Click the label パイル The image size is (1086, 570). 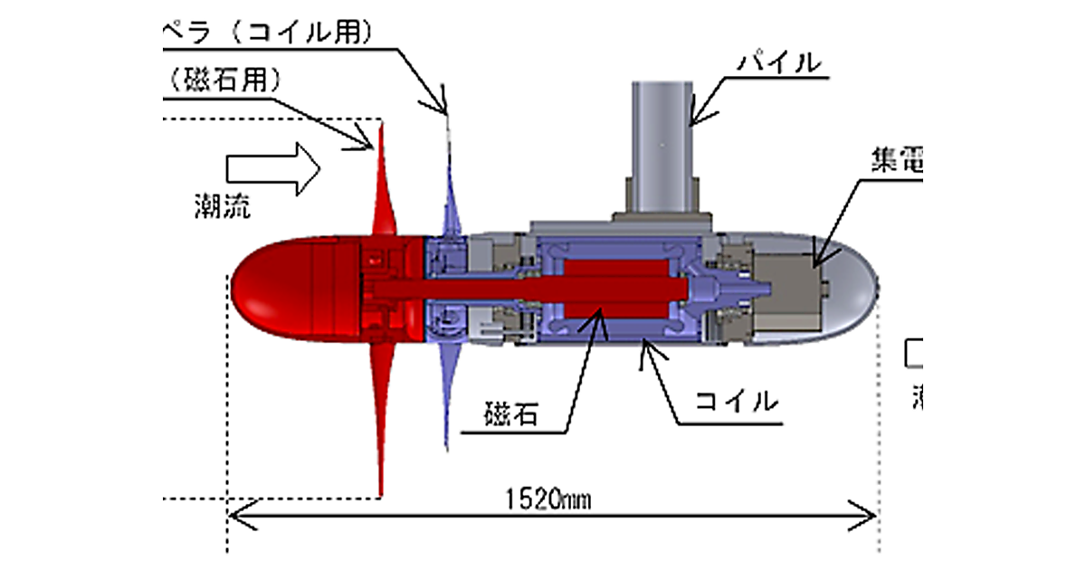pos(779,64)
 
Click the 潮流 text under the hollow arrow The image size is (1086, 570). pos(222,206)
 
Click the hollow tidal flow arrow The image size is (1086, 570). pos(272,168)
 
